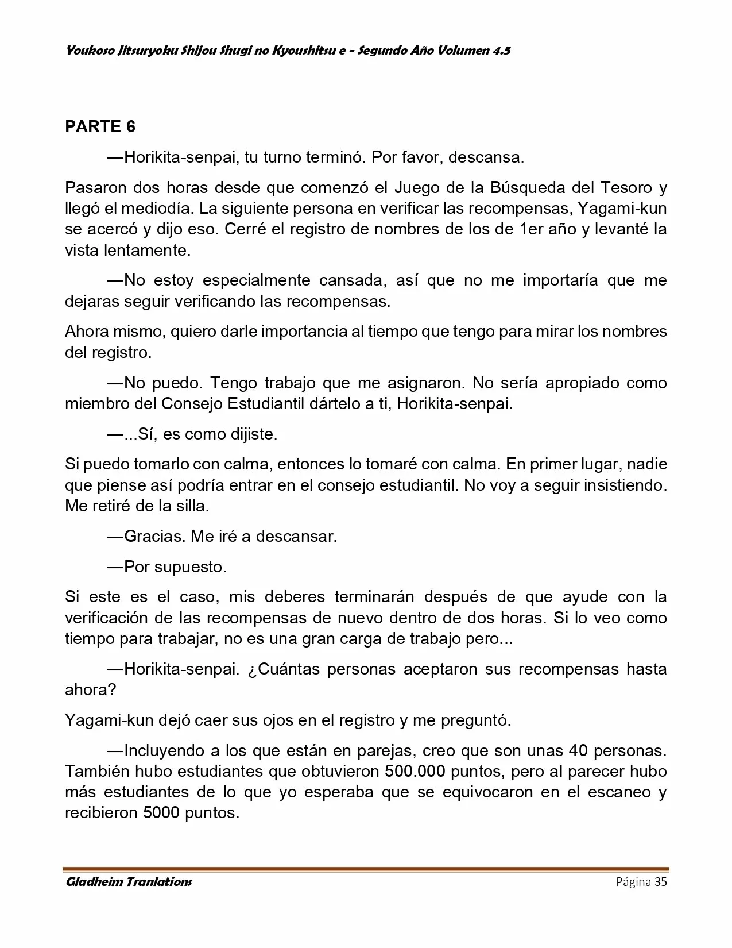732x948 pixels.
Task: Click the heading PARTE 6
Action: pyautogui.click(x=100, y=126)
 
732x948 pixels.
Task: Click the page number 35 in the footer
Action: pyautogui.click(x=661, y=882)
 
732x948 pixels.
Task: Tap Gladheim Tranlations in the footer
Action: pyautogui.click(x=129, y=882)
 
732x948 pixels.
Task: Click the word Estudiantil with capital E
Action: pyautogui.click(x=265, y=403)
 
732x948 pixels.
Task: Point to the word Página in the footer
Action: pyautogui.click(x=633, y=882)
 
